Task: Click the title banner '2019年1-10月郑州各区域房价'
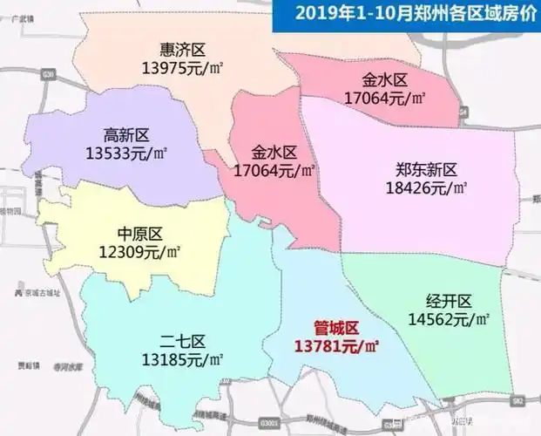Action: click(407, 13)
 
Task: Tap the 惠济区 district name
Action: click(182, 50)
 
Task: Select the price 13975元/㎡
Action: click(182, 67)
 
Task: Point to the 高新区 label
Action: click(126, 135)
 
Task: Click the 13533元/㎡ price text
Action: click(125, 153)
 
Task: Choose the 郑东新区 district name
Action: click(426, 169)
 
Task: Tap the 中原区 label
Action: click(139, 234)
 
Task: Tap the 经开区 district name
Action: click(450, 302)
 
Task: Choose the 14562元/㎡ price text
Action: click(450, 319)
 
